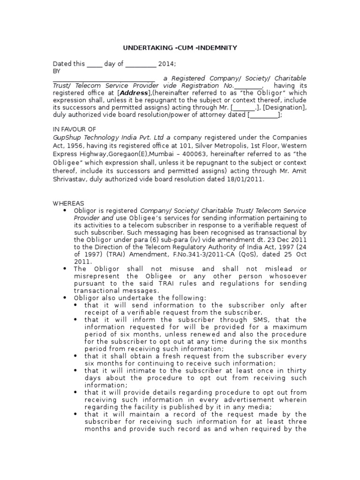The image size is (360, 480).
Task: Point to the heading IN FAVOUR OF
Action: pos(74,129)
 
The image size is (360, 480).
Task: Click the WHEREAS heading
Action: pos(68,203)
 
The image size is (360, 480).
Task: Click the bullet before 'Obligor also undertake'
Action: pos(65,298)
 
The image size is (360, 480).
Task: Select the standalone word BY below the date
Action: pos(57,71)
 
